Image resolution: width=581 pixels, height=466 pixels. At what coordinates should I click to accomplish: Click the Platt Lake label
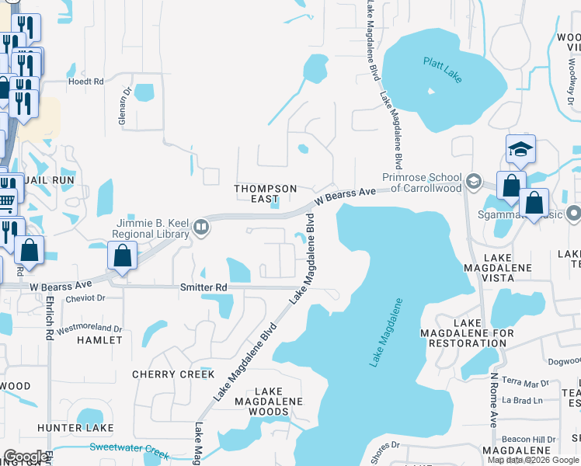pos(443,68)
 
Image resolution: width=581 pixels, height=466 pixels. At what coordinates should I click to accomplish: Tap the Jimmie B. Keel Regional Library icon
pos(201,227)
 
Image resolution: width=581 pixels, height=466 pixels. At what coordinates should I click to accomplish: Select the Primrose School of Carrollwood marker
pos(473,183)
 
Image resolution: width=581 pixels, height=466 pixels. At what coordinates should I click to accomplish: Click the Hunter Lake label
pos(75,428)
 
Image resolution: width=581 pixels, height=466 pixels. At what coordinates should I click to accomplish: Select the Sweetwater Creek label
pos(129,448)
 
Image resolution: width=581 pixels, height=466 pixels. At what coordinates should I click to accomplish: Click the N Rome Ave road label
pos(492,399)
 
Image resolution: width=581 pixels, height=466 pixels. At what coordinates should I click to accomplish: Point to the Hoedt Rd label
pos(85,81)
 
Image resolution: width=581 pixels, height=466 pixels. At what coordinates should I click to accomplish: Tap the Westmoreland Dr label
pos(89,329)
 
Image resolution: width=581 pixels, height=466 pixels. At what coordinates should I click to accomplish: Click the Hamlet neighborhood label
pos(100,340)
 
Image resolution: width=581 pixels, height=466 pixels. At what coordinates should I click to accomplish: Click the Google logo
pos(25,456)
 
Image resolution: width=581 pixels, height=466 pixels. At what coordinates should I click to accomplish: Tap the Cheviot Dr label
pos(86,297)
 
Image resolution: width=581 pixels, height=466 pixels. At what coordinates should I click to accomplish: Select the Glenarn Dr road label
pos(122,99)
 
